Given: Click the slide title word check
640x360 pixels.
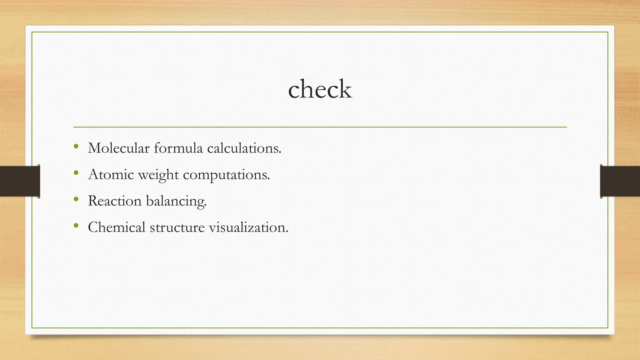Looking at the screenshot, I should (320, 89).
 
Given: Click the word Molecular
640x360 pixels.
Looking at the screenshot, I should (119, 148).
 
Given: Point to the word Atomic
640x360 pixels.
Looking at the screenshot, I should (111, 174).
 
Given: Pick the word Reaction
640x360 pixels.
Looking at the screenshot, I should (115, 201).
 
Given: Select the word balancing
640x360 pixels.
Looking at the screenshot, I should (176, 201).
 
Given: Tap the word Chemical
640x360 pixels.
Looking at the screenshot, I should (117, 227).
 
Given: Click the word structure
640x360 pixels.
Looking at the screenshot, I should (177, 227).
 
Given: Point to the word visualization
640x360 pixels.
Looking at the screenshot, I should (248, 227).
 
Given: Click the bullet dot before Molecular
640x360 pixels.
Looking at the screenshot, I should (76, 146).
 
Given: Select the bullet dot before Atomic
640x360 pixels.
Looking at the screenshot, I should (76, 172).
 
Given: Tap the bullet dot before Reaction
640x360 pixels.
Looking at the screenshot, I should (76, 199).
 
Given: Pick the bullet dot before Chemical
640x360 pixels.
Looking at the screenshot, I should (76, 225).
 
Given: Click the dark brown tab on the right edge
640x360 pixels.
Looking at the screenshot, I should (620, 181).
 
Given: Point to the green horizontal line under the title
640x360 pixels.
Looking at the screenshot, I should (320, 127).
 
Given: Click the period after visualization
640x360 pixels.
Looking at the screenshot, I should (287, 232).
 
